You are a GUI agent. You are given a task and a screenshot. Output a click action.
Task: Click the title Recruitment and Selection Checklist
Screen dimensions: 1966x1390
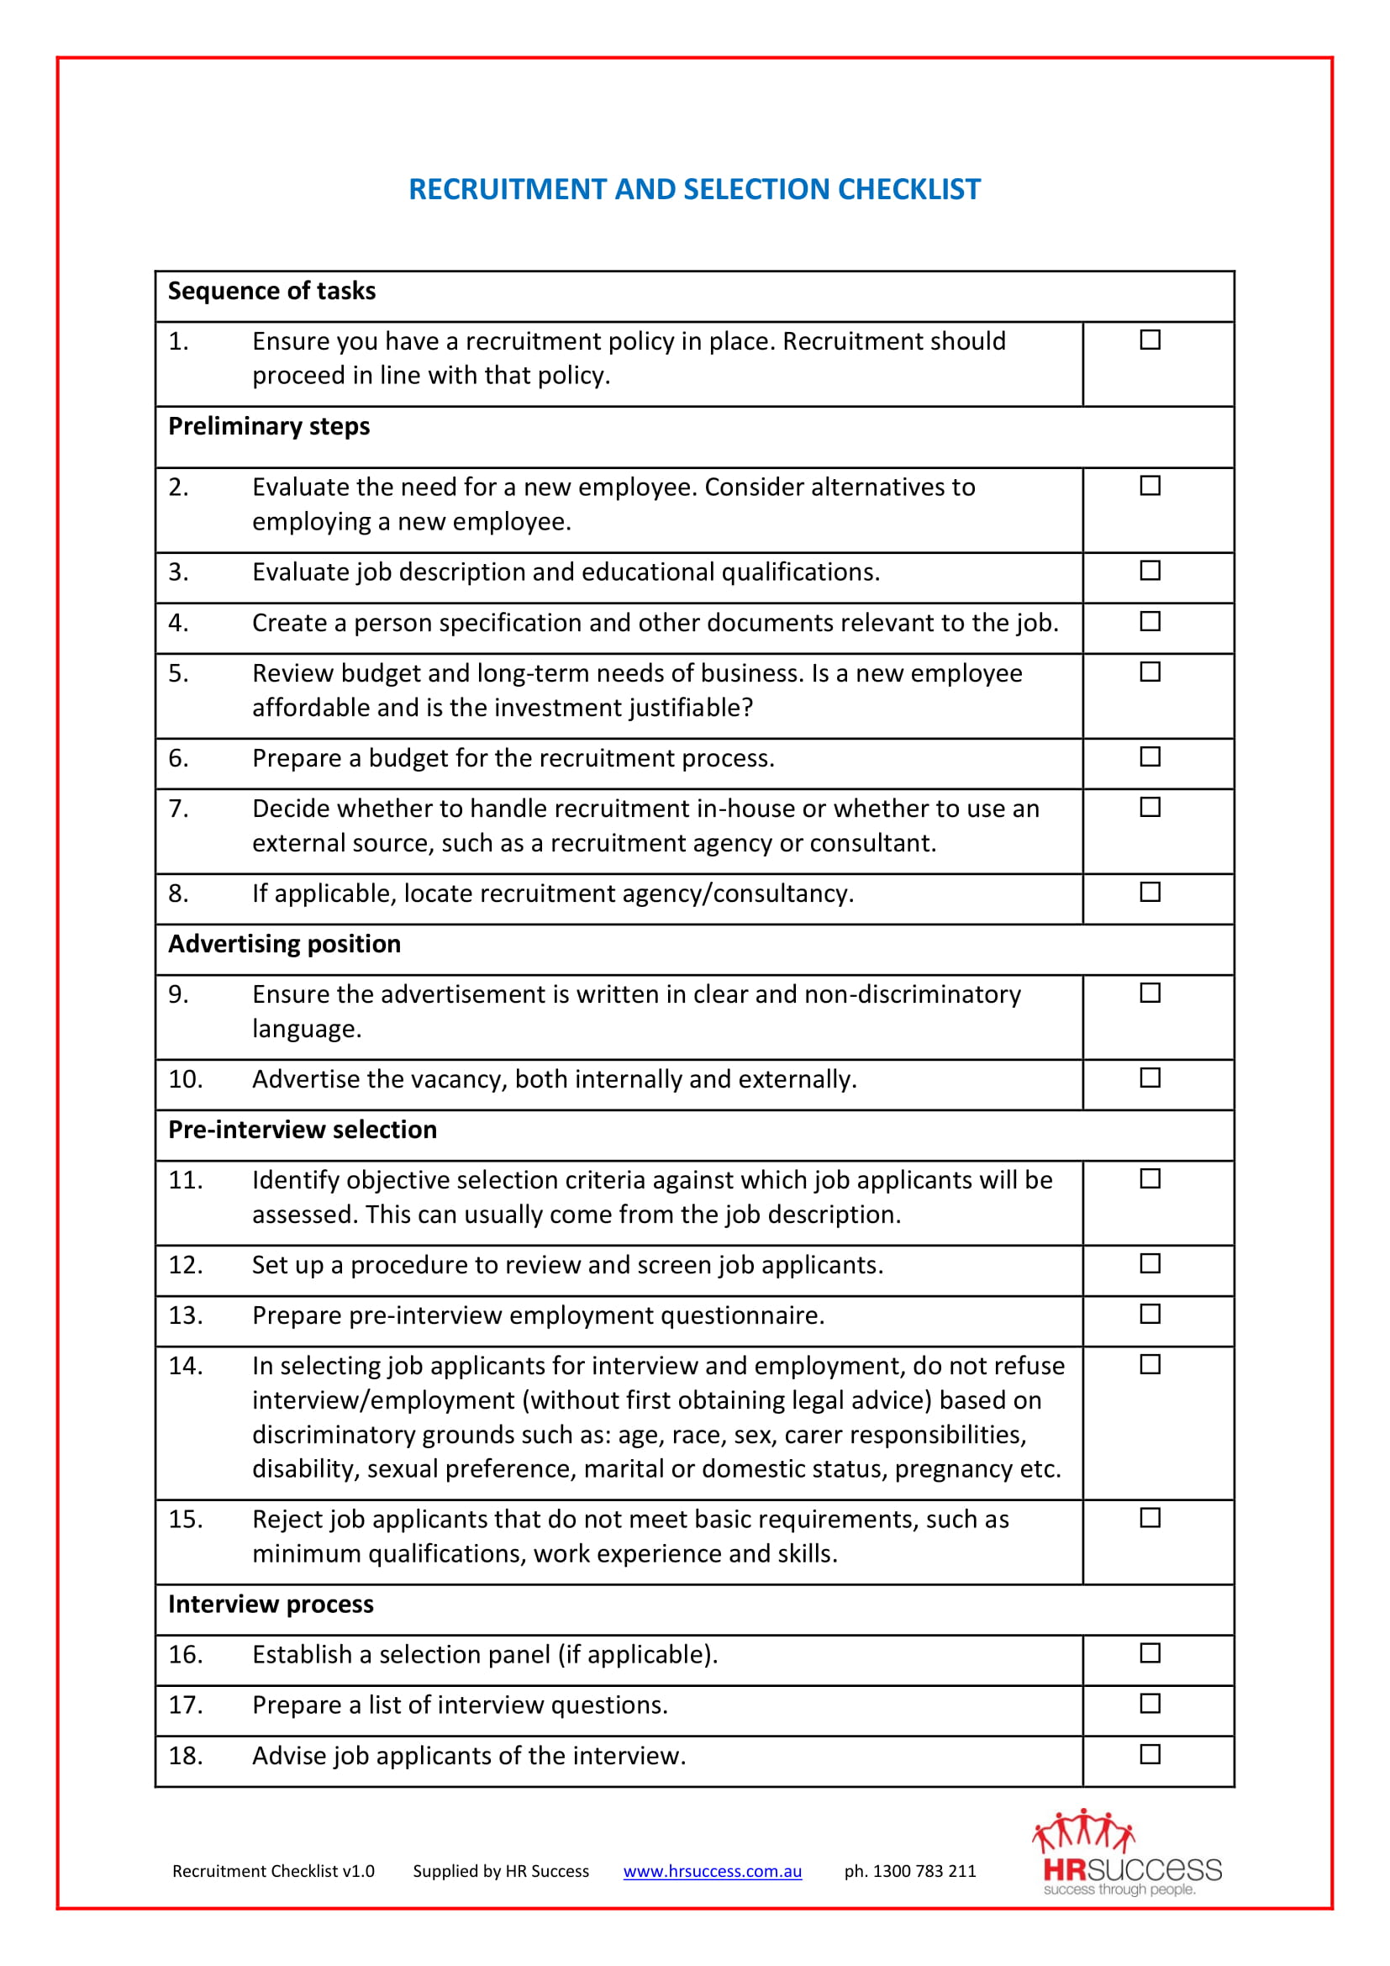pyautogui.click(x=694, y=189)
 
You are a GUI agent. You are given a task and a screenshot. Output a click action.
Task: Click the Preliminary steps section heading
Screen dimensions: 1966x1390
pyautogui.click(x=269, y=426)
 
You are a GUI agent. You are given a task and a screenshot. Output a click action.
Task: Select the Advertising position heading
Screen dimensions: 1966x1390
pyautogui.click(x=284, y=944)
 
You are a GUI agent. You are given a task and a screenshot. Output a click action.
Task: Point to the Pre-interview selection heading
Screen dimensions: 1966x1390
pyautogui.click(x=303, y=1130)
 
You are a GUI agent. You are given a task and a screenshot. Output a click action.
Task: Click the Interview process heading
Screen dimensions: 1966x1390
pyautogui.click(x=271, y=1604)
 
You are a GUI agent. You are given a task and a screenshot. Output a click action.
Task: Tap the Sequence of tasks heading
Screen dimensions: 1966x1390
pyautogui.click(x=271, y=291)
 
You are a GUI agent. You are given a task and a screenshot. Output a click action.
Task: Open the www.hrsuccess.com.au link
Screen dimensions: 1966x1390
pyautogui.click(x=712, y=1871)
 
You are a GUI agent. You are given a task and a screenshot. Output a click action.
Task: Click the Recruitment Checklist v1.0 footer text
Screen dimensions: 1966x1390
pyautogui.click(x=273, y=1871)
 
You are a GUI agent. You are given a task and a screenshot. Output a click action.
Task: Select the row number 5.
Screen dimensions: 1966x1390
pyautogui.click(x=178, y=673)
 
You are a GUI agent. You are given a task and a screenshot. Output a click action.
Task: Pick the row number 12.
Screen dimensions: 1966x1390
pyautogui.click(x=185, y=1265)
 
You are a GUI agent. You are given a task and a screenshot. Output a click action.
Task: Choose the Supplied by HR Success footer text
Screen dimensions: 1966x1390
pyautogui.click(x=501, y=1871)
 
